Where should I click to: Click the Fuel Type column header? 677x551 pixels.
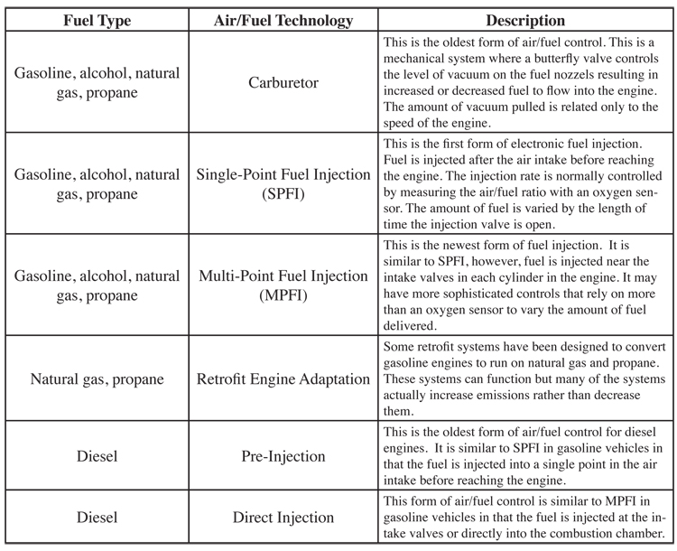96,20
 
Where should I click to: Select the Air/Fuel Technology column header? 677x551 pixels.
283,20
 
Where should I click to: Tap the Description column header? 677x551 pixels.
525,20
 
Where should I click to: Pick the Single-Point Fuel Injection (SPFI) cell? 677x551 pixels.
283,183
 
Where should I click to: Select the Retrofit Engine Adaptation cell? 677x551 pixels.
283,379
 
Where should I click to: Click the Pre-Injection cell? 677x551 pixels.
283,456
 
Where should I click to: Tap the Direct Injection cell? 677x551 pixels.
283,518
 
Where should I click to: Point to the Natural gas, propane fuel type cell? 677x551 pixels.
96,379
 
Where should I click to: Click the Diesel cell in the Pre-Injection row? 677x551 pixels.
96,456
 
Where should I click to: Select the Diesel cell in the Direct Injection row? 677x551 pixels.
96,518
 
